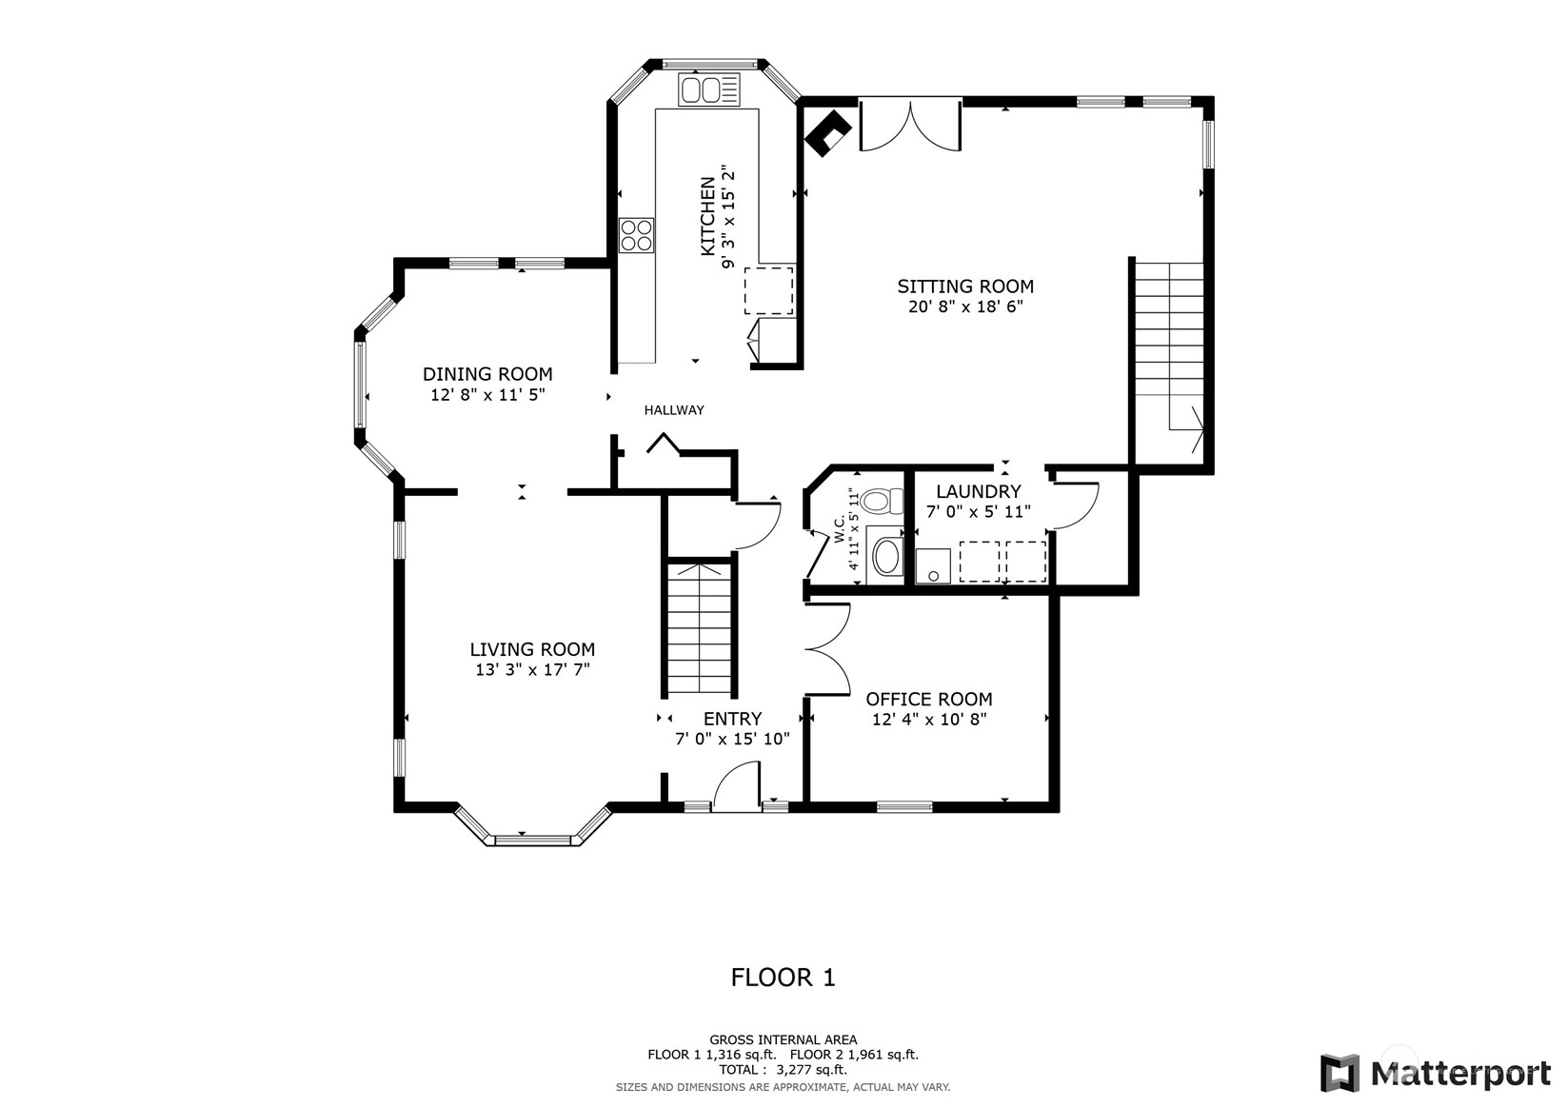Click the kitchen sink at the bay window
click(x=708, y=89)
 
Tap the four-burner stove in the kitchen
click(x=636, y=235)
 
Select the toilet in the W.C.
click(x=884, y=501)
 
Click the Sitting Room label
click(x=965, y=287)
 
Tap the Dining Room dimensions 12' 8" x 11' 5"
click(x=487, y=395)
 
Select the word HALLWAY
click(x=674, y=410)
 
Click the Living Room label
click(x=532, y=649)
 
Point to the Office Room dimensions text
click(x=929, y=720)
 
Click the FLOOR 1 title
click(x=784, y=977)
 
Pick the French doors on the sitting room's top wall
click(x=910, y=126)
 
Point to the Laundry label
click(x=979, y=491)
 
